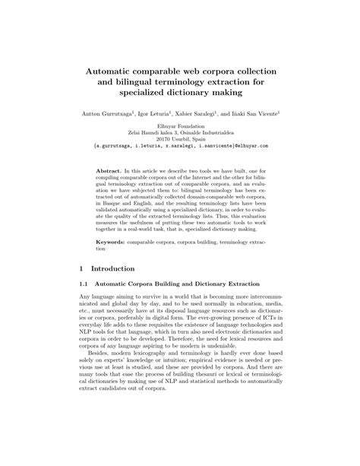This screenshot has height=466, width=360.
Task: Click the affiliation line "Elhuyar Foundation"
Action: point(179,125)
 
